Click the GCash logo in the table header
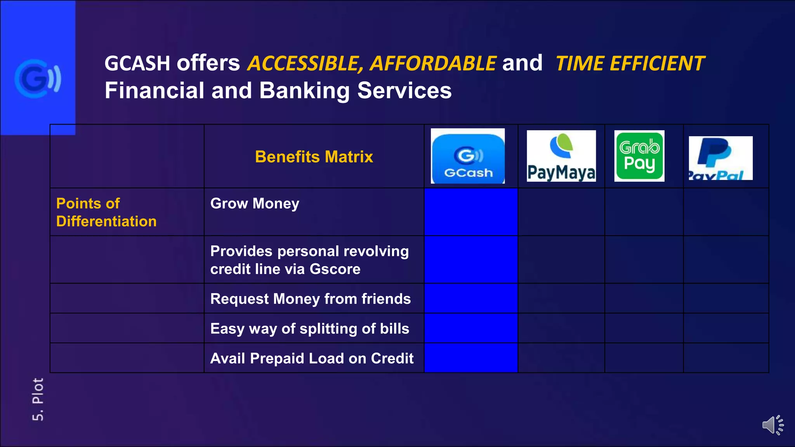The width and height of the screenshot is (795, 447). pyautogui.click(x=468, y=156)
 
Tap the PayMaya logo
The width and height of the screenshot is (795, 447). pyautogui.click(x=561, y=156)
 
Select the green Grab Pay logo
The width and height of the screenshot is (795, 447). pyautogui.click(x=639, y=156)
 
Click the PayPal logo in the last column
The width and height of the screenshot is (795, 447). pyautogui.click(x=720, y=158)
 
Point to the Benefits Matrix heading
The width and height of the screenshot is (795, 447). pyautogui.click(x=314, y=157)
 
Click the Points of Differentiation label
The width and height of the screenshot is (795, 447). pyautogui.click(x=106, y=212)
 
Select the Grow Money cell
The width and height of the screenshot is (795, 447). pyautogui.click(x=255, y=204)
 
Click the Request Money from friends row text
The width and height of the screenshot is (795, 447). pyautogui.click(x=310, y=299)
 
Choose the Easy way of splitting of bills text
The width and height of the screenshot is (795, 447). pyautogui.click(x=309, y=329)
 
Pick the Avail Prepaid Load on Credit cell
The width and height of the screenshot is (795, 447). pyautogui.click(x=312, y=359)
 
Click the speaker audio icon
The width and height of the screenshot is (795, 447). pyautogui.click(x=772, y=425)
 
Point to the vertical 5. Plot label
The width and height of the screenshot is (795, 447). pyautogui.click(x=38, y=399)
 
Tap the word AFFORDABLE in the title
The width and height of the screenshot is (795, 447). pyautogui.click(x=433, y=64)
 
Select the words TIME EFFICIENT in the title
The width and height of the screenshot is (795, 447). pyautogui.click(x=630, y=64)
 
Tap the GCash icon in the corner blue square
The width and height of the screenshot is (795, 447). pyautogui.click(x=38, y=79)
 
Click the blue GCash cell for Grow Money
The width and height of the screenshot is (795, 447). pyautogui.click(x=471, y=212)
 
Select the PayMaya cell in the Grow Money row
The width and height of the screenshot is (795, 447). pyautogui.click(x=561, y=212)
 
